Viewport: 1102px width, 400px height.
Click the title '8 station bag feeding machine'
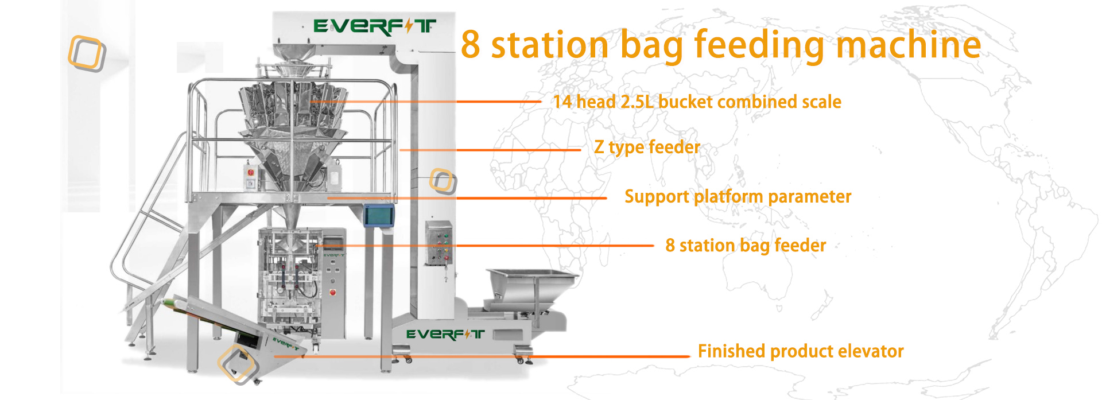click(x=721, y=45)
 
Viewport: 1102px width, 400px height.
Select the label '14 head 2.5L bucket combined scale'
click(x=697, y=102)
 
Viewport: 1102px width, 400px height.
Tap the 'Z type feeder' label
click(x=647, y=147)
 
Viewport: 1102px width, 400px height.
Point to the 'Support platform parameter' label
click(x=738, y=197)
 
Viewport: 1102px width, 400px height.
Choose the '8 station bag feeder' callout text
click(x=746, y=246)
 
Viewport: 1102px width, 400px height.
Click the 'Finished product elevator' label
click(x=801, y=351)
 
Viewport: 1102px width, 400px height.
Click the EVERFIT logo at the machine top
click(x=374, y=26)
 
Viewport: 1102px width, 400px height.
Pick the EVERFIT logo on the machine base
click(x=445, y=334)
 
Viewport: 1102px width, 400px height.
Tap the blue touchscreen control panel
click(x=379, y=216)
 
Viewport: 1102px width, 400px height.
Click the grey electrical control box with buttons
click(x=439, y=243)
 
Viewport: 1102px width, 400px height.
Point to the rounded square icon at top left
click(x=87, y=54)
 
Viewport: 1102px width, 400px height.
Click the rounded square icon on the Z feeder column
click(x=443, y=181)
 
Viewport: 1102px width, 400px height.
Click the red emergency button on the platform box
click(x=250, y=172)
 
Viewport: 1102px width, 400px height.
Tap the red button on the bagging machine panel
click(x=332, y=293)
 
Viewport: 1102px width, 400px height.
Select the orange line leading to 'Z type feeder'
click(x=490, y=150)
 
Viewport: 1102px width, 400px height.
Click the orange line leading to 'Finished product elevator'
click(x=482, y=356)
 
